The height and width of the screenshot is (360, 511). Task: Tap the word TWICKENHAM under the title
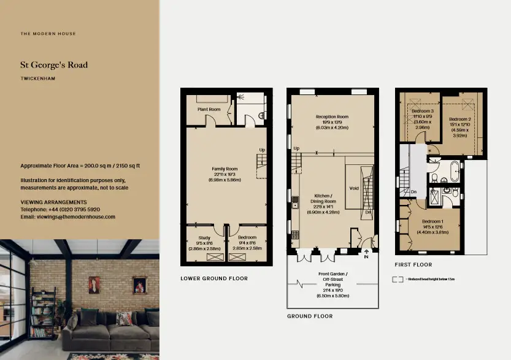[x=38, y=79]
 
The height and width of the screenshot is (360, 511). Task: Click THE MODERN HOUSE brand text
[x=48, y=34]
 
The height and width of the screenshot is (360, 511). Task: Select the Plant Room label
[x=209, y=109]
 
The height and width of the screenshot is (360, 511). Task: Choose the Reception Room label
[x=332, y=117]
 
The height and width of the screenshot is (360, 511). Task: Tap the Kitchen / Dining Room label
[x=322, y=201]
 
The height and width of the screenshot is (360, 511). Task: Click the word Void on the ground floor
[x=353, y=189]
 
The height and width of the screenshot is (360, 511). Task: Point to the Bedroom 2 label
[x=459, y=119]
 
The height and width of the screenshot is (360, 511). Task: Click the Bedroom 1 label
[x=432, y=221]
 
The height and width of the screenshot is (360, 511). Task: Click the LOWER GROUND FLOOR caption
[x=214, y=278]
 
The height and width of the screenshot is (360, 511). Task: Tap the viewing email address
[x=67, y=216]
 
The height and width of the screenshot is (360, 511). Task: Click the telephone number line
[x=60, y=209]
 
